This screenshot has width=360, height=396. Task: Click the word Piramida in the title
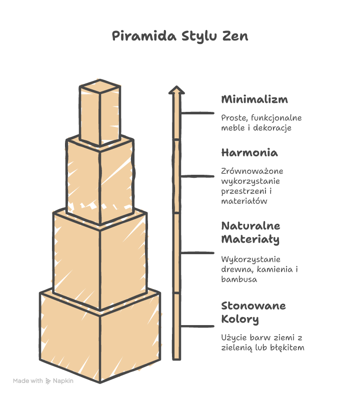click(144, 36)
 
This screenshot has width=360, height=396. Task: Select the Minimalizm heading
click(254, 99)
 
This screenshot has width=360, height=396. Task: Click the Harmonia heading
click(249, 153)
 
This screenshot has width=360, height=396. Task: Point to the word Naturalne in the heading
click(250, 226)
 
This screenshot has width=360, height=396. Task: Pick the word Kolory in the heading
click(240, 319)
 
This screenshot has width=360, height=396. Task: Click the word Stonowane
click(253, 306)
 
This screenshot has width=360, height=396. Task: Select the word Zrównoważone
click(252, 171)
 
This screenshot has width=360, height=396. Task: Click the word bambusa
click(239, 279)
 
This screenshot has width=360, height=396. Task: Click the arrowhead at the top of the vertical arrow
click(176, 90)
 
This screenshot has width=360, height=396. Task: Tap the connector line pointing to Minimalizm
click(197, 113)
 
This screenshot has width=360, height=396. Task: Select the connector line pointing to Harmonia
click(197, 176)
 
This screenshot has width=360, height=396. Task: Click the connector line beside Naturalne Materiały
click(197, 253)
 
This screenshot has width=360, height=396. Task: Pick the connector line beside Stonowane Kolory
click(197, 326)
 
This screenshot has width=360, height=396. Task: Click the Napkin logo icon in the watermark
click(48, 381)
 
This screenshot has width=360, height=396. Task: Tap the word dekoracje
click(272, 128)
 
